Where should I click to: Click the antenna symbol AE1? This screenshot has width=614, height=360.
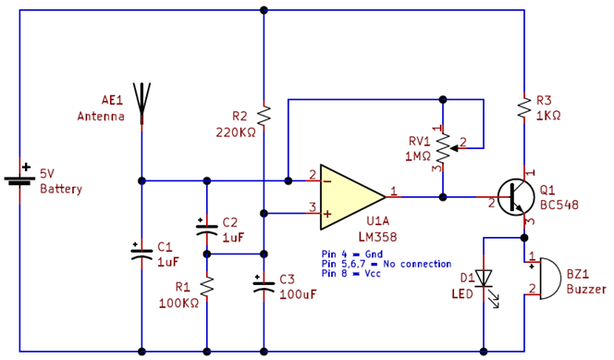(141, 102)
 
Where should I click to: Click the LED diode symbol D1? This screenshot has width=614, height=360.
(483, 278)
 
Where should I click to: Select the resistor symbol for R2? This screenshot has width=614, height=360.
(264, 117)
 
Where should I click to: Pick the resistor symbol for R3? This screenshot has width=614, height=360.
(524, 107)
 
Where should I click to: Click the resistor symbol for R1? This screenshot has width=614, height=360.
(206, 288)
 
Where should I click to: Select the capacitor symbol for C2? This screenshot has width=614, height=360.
(206, 230)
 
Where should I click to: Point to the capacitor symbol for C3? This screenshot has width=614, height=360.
(264, 286)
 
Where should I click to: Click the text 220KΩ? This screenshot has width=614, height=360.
(235, 132)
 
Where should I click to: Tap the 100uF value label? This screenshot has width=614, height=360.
(298, 294)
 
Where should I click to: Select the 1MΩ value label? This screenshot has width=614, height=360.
(416, 156)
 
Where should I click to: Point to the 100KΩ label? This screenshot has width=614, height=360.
(178, 303)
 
